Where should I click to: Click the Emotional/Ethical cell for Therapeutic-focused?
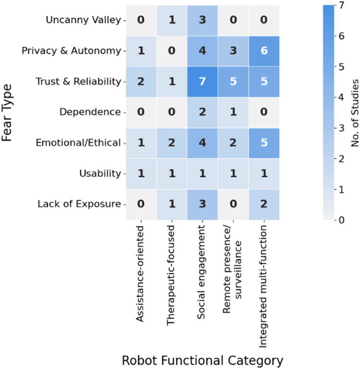(171, 143)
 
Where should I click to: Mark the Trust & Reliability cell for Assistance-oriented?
(141, 82)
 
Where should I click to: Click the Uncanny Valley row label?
(83, 20)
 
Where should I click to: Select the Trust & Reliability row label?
(78, 82)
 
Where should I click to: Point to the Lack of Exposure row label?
(80, 204)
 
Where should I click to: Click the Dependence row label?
(90, 112)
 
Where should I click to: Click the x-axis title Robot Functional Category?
(202, 360)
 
